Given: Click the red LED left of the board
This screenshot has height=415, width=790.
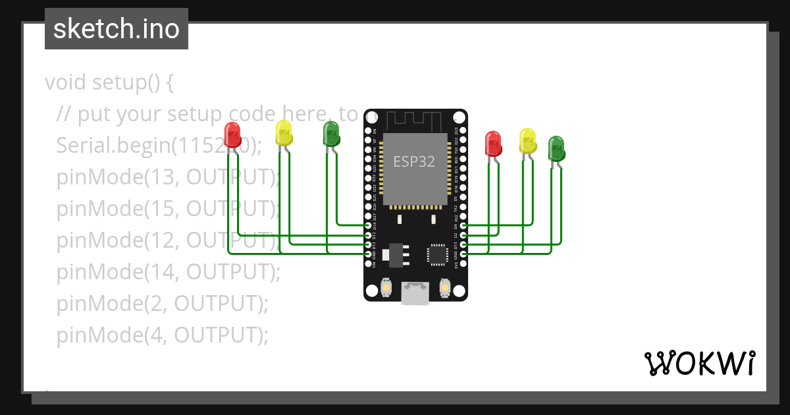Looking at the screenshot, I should [232, 135].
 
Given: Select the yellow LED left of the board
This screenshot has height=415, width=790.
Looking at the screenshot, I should [284, 133].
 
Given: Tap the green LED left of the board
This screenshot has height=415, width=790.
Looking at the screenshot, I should [331, 134].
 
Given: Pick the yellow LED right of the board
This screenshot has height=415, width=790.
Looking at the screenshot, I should [527, 141].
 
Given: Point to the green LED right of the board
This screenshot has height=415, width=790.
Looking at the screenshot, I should [556, 149].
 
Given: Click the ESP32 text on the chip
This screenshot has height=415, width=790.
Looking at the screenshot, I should [414, 161].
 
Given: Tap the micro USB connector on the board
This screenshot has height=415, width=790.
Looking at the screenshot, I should [415, 293].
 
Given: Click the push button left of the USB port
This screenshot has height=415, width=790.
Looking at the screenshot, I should [386, 289].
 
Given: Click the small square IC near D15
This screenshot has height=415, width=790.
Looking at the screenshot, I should [437, 254].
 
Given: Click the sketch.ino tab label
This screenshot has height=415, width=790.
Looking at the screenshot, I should [117, 29].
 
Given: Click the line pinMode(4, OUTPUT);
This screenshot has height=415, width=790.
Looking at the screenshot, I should [162, 335].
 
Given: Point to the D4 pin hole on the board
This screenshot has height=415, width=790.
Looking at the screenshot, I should [463, 226].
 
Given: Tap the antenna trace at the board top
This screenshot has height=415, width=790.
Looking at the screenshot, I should [413, 121].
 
